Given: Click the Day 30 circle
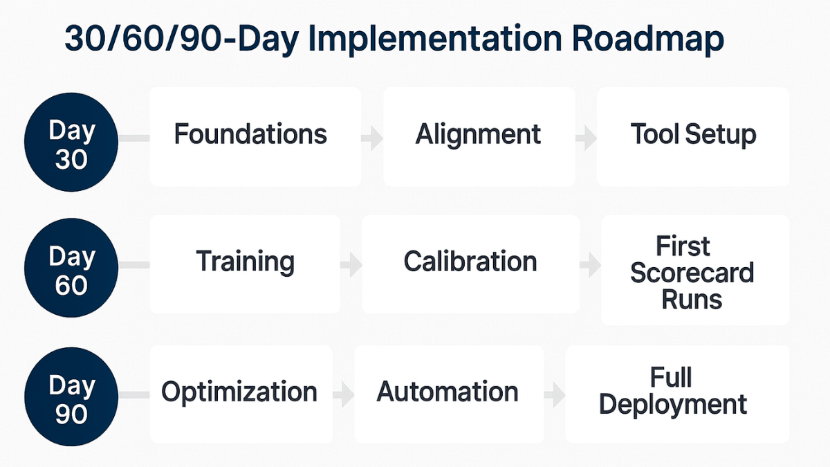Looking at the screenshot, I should (x=71, y=143).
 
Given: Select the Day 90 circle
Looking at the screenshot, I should (x=71, y=398).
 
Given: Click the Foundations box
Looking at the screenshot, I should (x=255, y=136).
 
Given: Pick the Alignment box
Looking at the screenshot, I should (x=479, y=136).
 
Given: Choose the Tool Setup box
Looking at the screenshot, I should (x=693, y=136).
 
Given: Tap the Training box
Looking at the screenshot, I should (x=245, y=264).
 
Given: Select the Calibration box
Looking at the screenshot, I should (x=470, y=264).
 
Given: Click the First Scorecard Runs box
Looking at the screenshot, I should (x=694, y=270).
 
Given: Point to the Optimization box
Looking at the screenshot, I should (x=240, y=394).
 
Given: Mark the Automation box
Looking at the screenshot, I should (x=448, y=394).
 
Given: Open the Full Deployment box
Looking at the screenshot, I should (x=676, y=394).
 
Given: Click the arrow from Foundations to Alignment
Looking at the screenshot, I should (x=373, y=138).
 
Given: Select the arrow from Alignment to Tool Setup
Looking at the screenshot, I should (x=587, y=138).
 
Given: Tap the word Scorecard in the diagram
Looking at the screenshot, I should (x=692, y=273).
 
